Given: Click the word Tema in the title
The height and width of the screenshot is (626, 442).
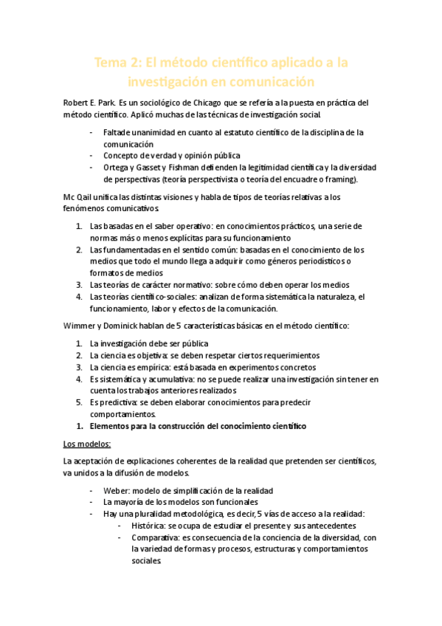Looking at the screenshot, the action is (111, 63).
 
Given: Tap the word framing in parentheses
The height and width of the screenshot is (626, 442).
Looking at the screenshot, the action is (339, 179).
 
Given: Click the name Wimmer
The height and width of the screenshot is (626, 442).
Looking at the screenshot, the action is (78, 326).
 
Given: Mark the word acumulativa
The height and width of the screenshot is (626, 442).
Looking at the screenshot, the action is (156, 379).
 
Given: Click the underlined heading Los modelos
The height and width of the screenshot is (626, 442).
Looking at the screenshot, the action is (88, 444).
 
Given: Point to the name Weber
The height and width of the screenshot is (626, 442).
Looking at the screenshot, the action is (116, 490).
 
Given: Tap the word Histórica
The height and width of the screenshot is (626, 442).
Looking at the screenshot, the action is (148, 526).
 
